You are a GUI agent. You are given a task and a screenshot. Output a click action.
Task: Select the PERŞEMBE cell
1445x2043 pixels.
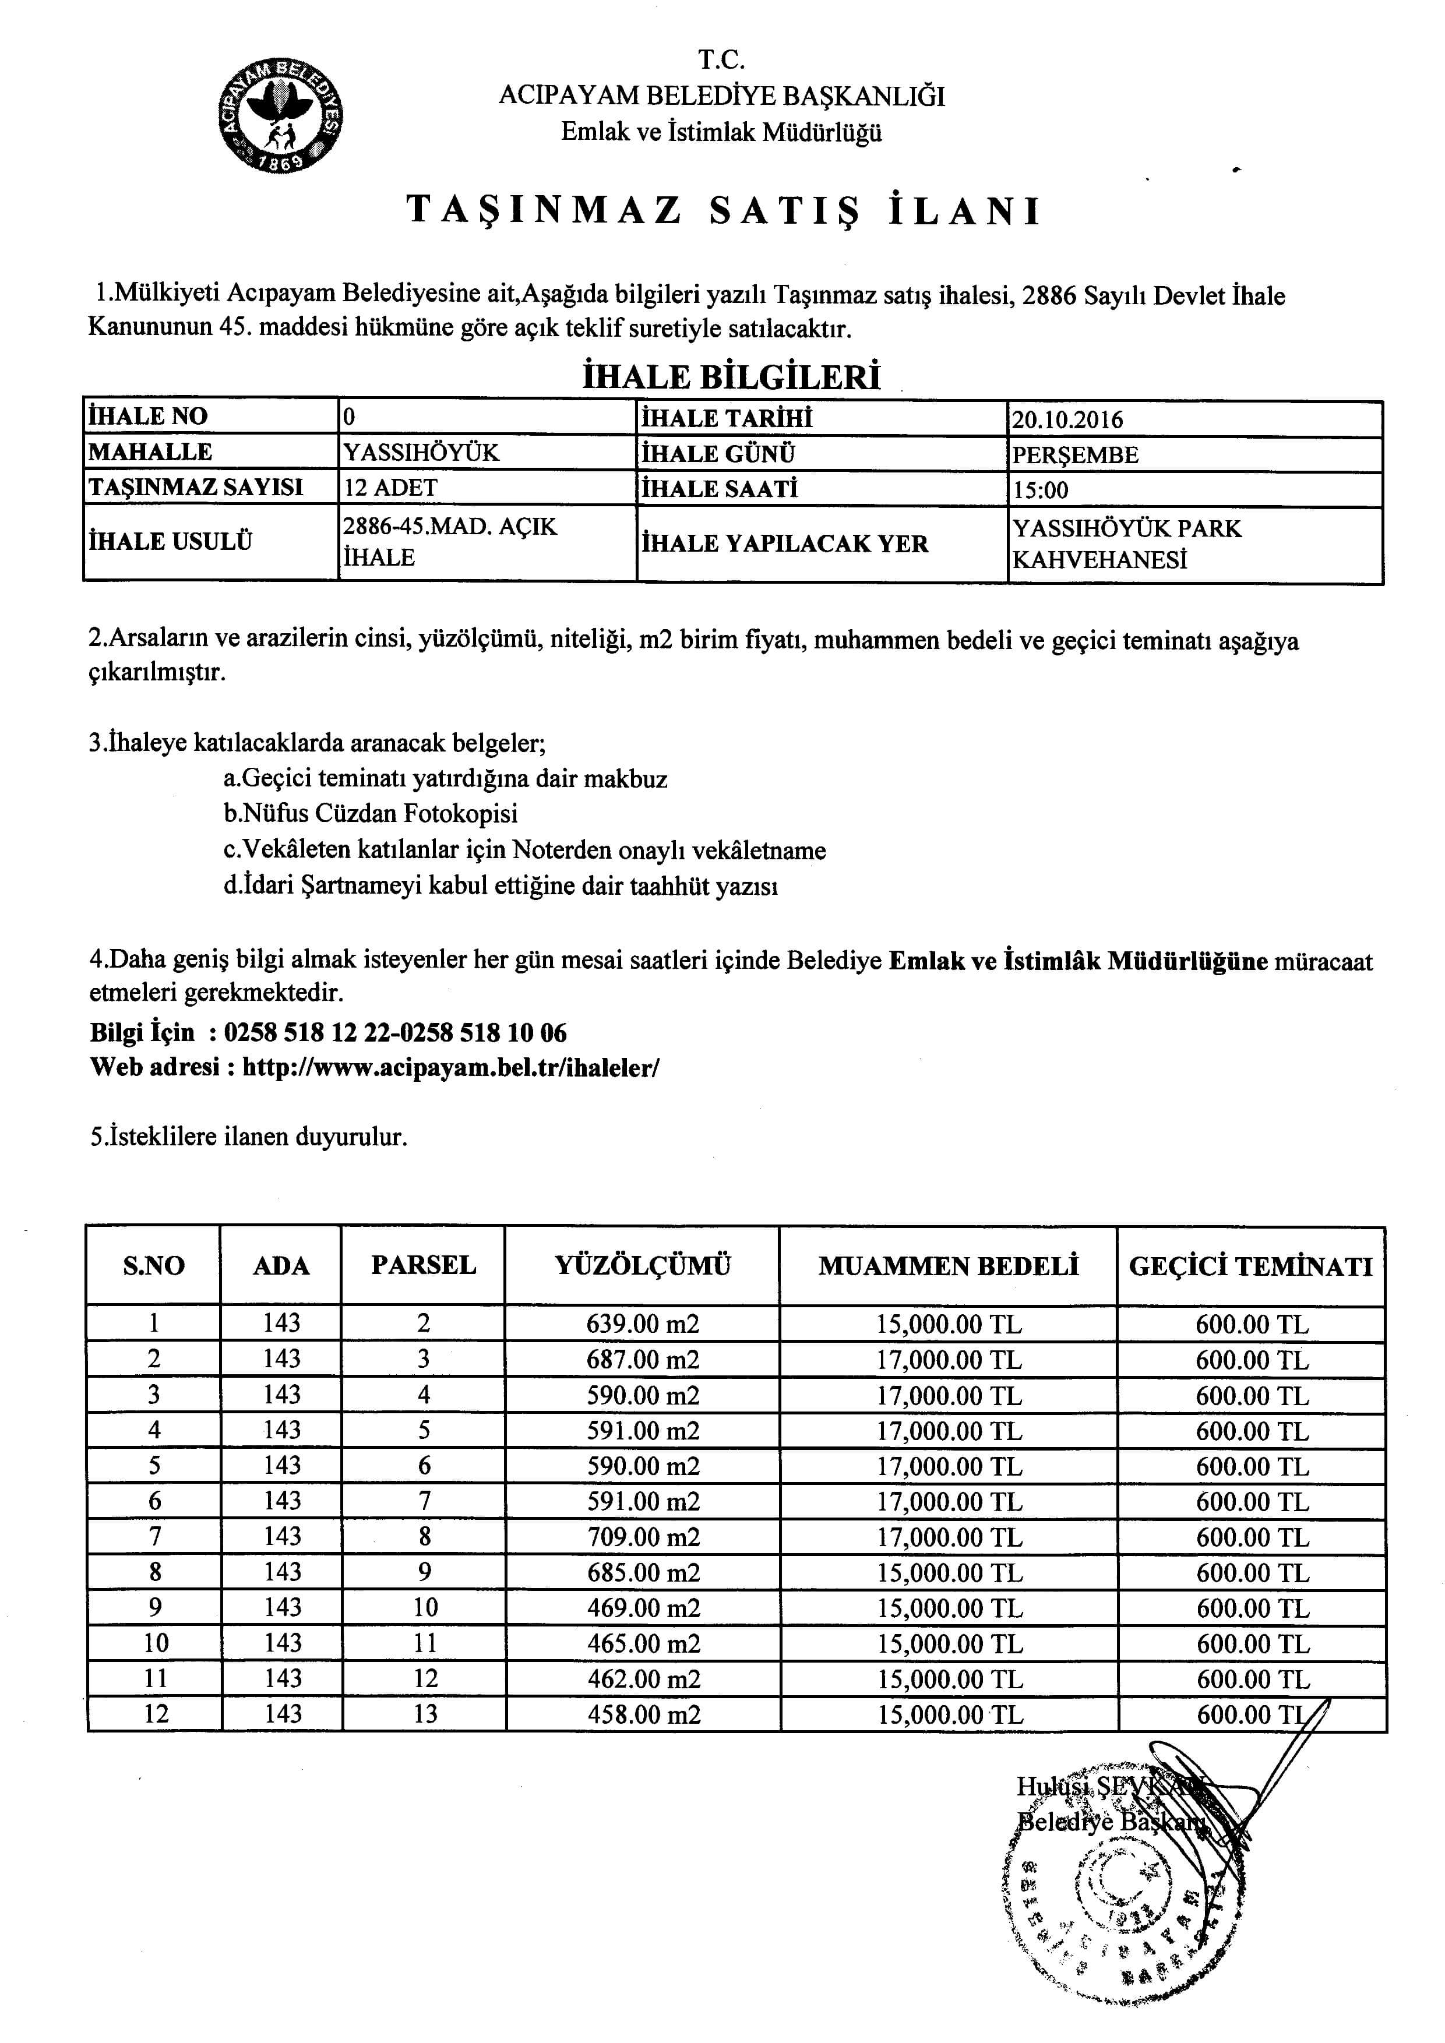point(1075,455)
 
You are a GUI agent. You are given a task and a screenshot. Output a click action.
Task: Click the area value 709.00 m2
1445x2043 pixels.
point(643,1537)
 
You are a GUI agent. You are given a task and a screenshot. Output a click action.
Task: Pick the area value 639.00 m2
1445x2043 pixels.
point(643,1324)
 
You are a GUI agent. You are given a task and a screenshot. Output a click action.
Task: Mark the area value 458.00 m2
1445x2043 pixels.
point(643,1714)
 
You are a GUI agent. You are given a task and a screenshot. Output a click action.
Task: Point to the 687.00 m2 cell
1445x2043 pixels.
point(643,1360)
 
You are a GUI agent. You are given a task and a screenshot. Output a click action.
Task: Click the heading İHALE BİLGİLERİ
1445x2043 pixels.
point(731,377)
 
